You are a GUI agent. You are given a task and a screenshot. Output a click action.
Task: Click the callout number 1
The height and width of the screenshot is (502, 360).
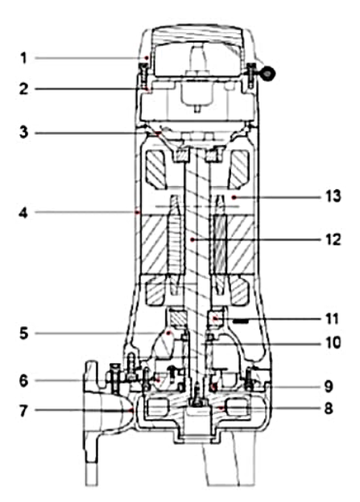(x=23, y=59)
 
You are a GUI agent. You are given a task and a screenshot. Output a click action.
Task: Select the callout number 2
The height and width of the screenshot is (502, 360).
(x=23, y=89)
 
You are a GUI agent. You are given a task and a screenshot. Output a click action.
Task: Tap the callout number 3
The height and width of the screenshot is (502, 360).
(x=23, y=132)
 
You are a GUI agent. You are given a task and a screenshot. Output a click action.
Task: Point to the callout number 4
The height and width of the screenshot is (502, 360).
(x=23, y=212)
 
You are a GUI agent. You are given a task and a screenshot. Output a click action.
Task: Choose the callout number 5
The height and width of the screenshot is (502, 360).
(x=24, y=334)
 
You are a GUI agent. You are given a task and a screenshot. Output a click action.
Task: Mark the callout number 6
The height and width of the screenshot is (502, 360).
(x=23, y=381)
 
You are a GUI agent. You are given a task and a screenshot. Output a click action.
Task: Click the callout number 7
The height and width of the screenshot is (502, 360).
(x=23, y=411)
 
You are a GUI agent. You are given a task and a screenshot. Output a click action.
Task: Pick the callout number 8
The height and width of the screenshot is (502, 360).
(x=328, y=409)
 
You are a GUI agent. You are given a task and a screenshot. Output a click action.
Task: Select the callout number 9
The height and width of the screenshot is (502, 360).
(x=329, y=387)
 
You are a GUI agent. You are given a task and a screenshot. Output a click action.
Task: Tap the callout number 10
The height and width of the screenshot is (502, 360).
(x=333, y=342)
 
